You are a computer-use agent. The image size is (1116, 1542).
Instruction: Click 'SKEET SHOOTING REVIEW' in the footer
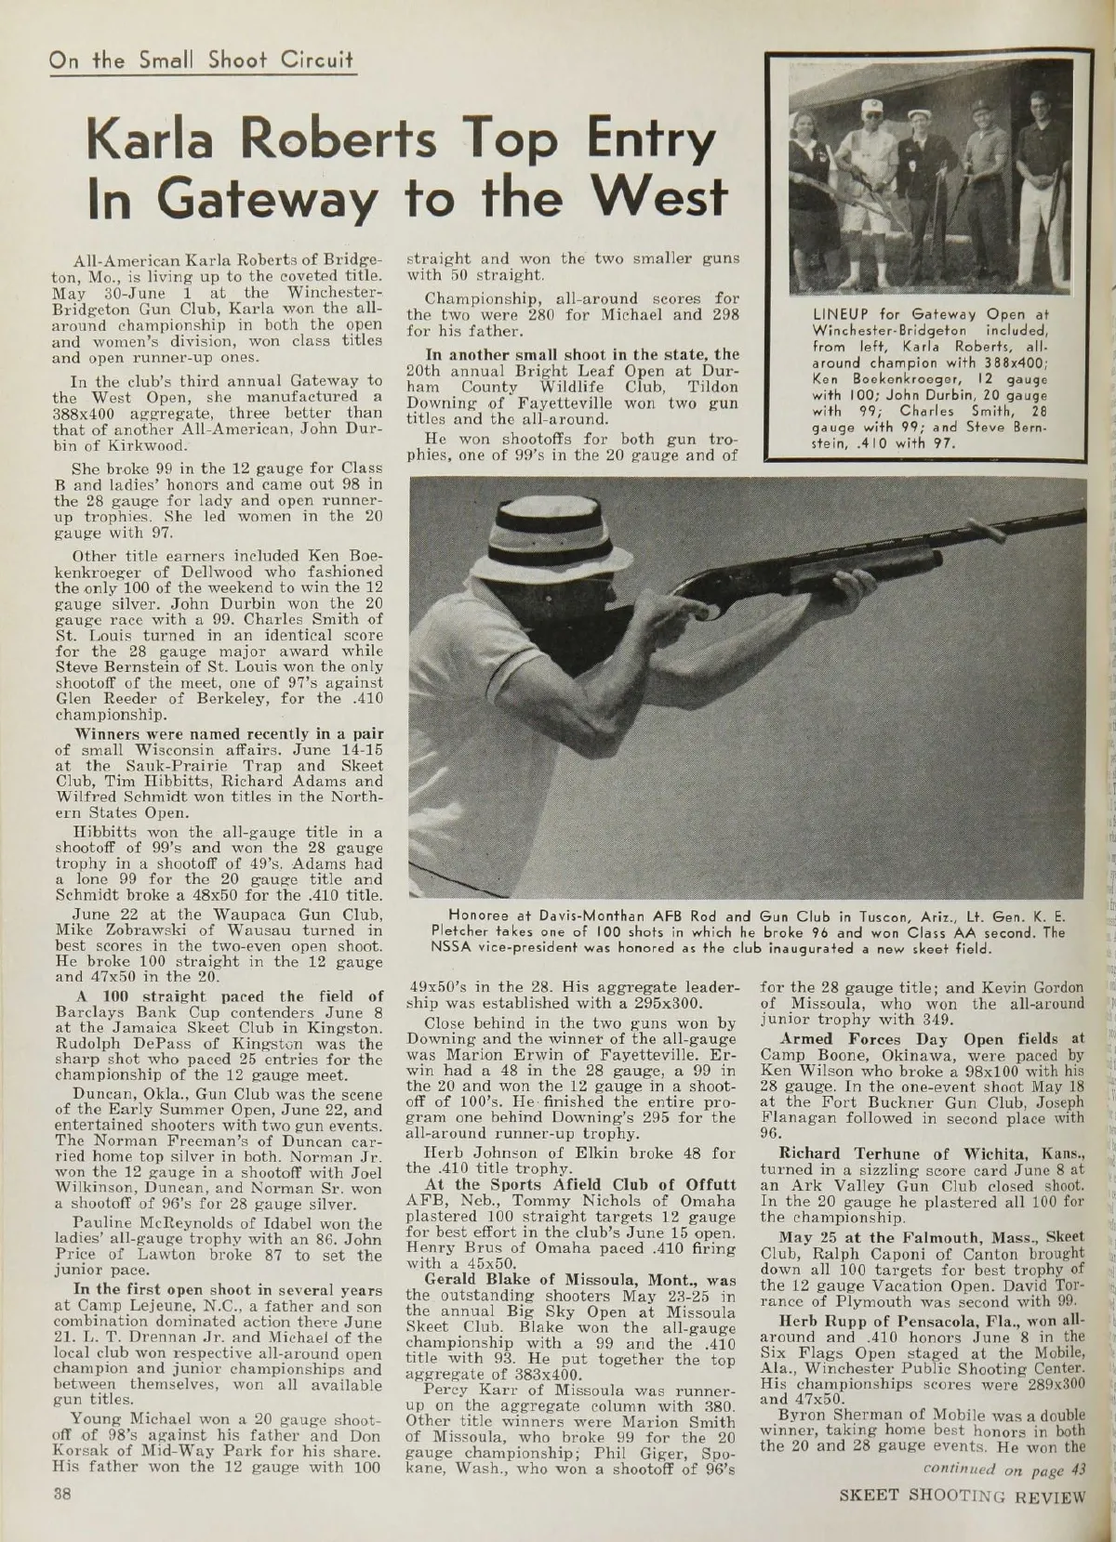tap(963, 1501)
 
